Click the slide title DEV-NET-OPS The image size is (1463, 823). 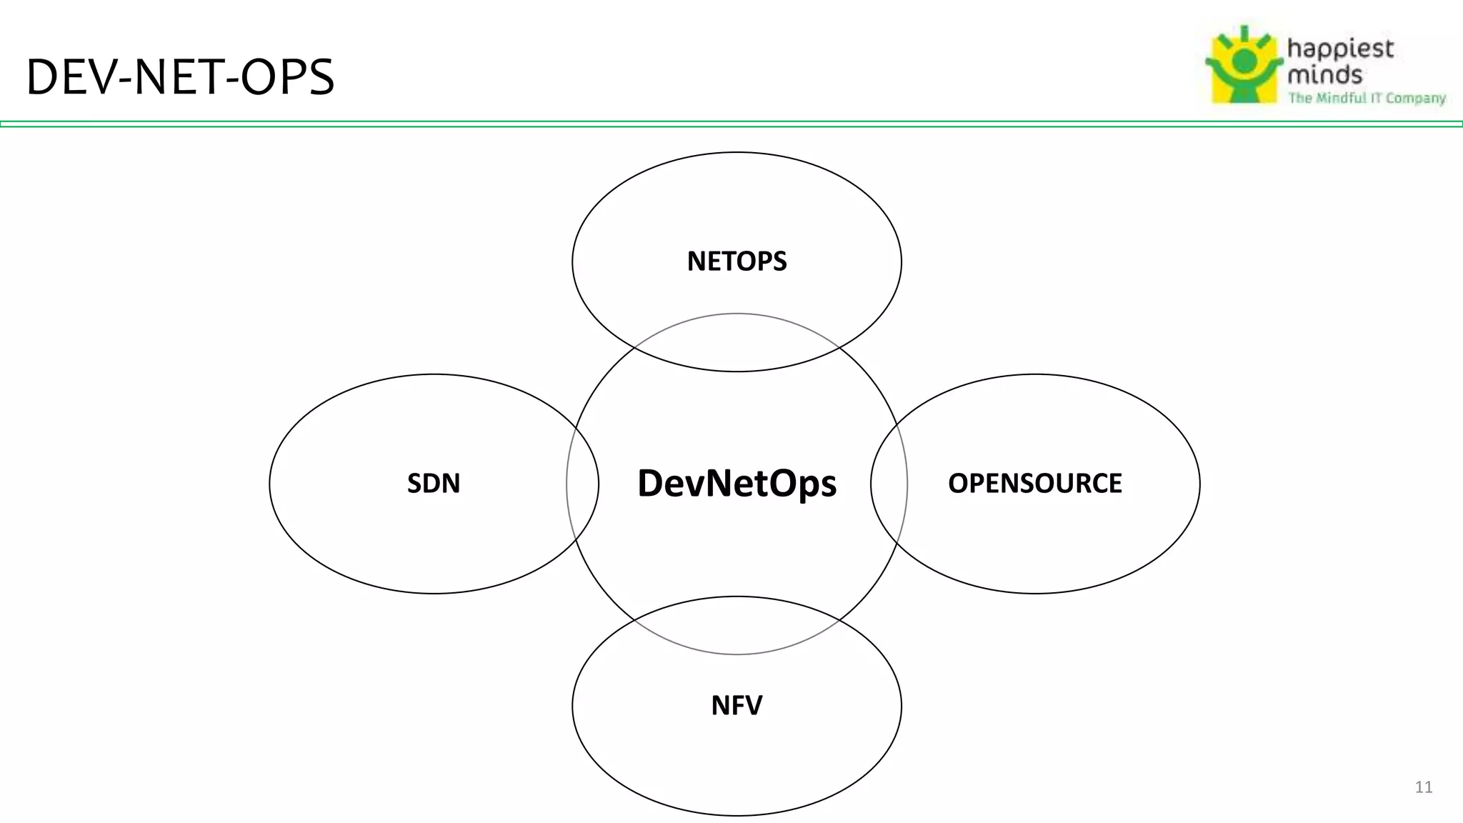point(180,77)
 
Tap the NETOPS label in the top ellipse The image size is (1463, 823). point(737,261)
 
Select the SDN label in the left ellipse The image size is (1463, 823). point(434,484)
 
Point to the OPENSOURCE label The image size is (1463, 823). point(1034,484)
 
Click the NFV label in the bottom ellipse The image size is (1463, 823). point(737,706)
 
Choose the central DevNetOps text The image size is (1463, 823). point(737,484)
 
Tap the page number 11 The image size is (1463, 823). point(1423,787)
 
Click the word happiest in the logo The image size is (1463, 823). point(1340,49)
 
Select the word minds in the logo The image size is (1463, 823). point(1324,74)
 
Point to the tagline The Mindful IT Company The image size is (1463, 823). point(1367,98)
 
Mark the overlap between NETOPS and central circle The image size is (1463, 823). point(737,343)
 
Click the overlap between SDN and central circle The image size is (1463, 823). point(583,484)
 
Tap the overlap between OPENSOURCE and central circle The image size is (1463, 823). point(889,484)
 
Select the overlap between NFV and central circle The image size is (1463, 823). point(737,625)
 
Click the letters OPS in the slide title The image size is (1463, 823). point(287,77)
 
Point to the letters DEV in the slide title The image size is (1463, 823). point(69,77)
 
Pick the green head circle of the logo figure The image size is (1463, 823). point(1244,61)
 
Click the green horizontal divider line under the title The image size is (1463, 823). point(731,124)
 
